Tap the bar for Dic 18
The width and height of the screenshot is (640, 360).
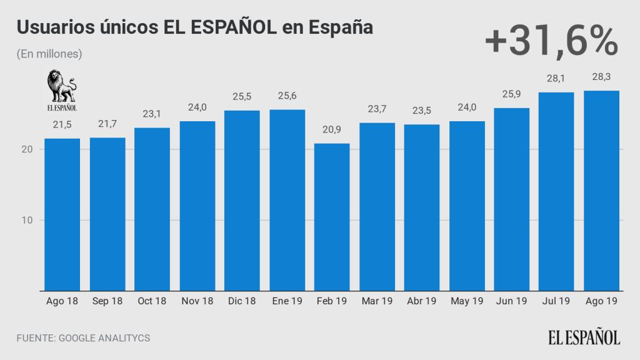click(x=242, y=200)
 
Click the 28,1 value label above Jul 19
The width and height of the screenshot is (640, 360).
click(x=556, y=78)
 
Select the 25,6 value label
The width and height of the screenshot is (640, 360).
click(x=287, y=96)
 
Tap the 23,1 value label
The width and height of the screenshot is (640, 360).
click(x=152, y=114)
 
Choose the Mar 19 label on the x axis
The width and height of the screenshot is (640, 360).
click(x=377, y=301)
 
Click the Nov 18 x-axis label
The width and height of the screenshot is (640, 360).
click(x=197, y=301)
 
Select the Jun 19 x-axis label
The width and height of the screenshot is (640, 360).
click(x=511, y=301)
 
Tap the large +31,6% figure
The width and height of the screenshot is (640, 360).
click(x=551, y=41)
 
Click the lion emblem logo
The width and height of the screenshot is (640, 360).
click(x=62, y=87)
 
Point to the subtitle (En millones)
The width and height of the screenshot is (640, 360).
click(x=49, y=54)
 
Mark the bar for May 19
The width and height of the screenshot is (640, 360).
click(x=466, y=206)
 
